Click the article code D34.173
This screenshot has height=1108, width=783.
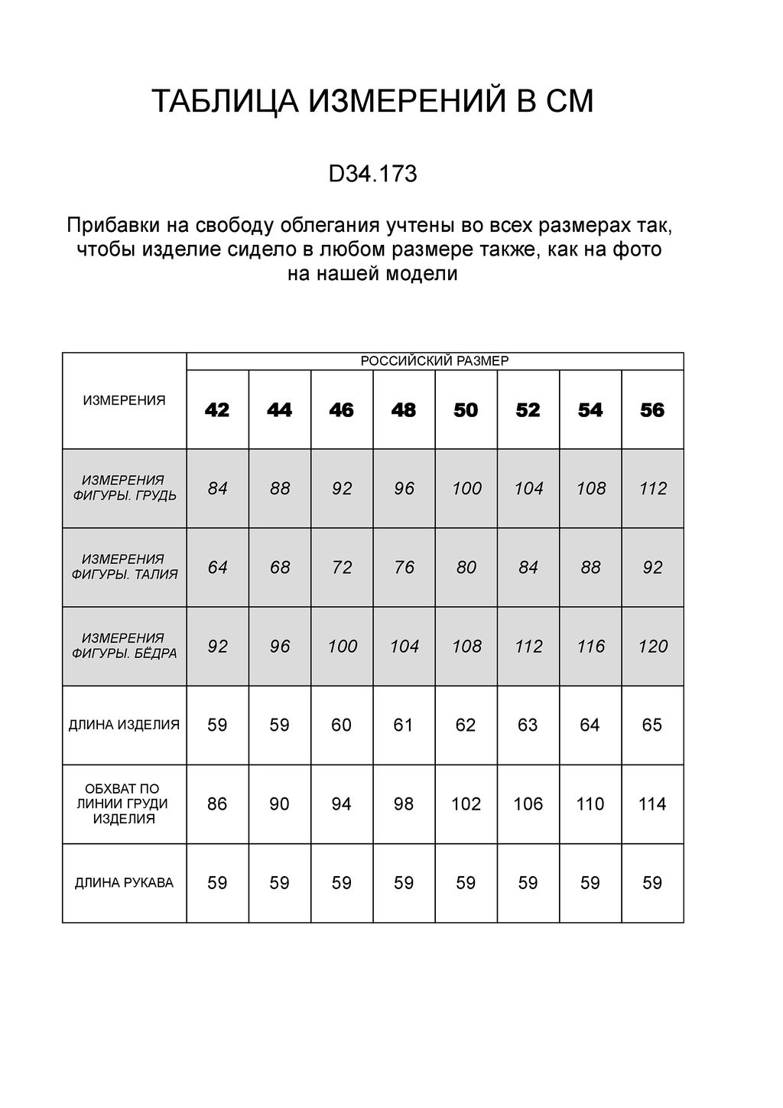(372, 174)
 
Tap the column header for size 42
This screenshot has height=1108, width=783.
(217, 410)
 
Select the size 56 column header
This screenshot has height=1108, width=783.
(652, 410)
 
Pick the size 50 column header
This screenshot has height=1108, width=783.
(466, 410)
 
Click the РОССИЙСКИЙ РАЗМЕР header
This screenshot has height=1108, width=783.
(434, 361)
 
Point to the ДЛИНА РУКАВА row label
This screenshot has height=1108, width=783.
(124, 883)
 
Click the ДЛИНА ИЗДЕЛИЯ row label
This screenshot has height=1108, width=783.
(124, 725)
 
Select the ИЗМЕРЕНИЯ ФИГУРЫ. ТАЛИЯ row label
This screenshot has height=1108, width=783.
(124, 567)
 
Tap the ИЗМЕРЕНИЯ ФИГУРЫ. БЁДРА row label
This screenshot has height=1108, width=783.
(124, 646)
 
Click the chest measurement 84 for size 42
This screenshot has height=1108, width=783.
(218, 488)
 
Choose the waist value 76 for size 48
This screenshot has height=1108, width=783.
(404, 567)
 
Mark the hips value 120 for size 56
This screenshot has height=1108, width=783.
(653, 647)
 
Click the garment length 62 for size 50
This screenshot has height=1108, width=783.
(466, 725)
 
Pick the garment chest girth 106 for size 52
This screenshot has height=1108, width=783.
(528, 804)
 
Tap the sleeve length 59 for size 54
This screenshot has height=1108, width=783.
(590, 883)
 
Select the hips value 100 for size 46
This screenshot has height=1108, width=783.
(343, 647)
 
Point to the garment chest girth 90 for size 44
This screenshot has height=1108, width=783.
(280, 804)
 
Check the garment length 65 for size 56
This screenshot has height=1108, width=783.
(652, 725)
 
